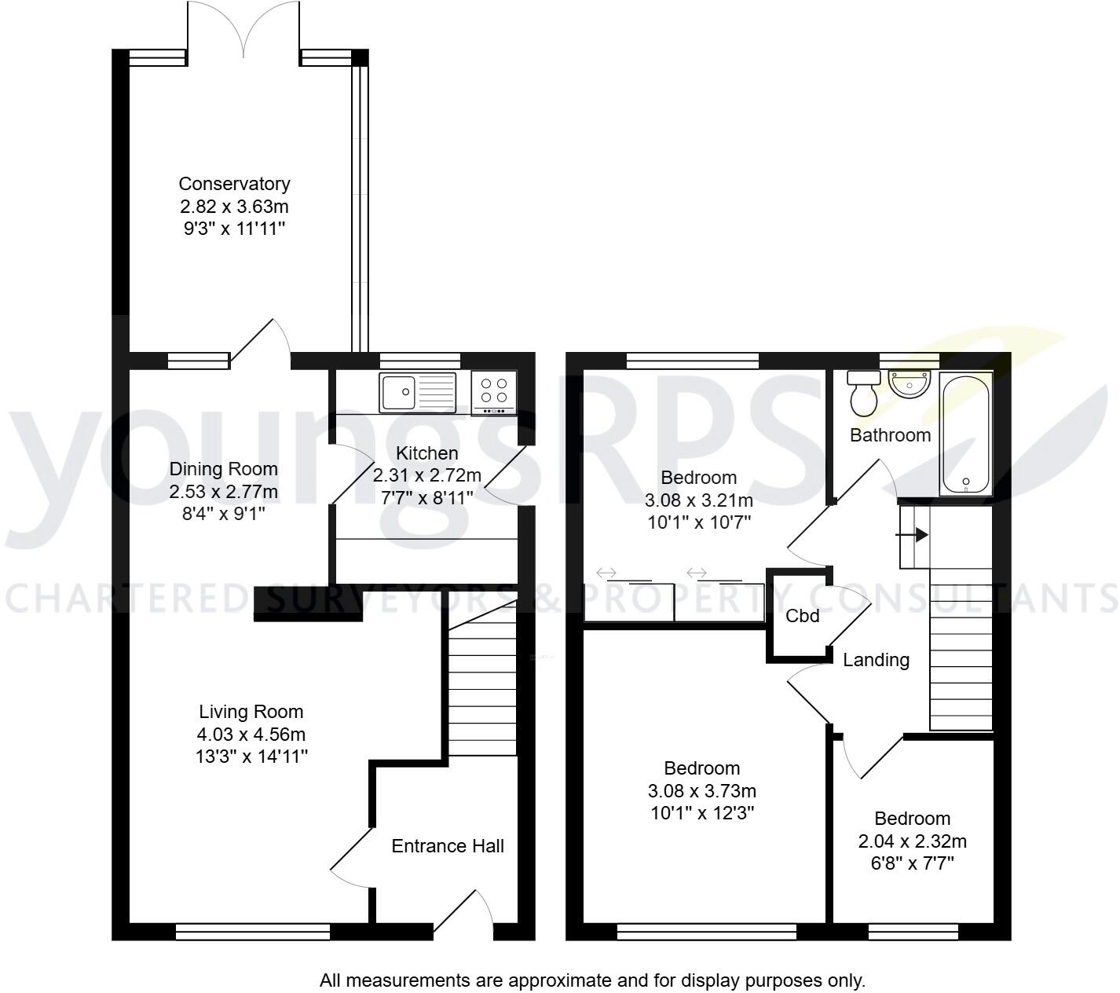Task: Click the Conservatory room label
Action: pos(234,184)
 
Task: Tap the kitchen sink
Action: pos(417,392)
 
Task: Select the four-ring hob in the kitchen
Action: pos(494,392)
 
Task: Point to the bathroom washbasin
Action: pos(909,384)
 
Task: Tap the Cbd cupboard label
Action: pos(803,616)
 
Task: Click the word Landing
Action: pos(876,660)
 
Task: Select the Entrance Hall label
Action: pos(448,846)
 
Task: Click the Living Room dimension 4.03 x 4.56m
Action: pos(251,735)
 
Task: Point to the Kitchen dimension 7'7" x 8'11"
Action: pos(426,498)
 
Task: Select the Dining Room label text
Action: pos(224,469)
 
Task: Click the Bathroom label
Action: pos(890,435)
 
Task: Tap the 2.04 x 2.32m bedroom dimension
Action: pos(912,841)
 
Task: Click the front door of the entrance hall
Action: pos(463,915)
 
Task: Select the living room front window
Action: pos(253,932)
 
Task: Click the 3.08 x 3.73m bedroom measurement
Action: pos(702,791)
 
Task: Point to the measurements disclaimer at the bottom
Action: pos(592,980)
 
